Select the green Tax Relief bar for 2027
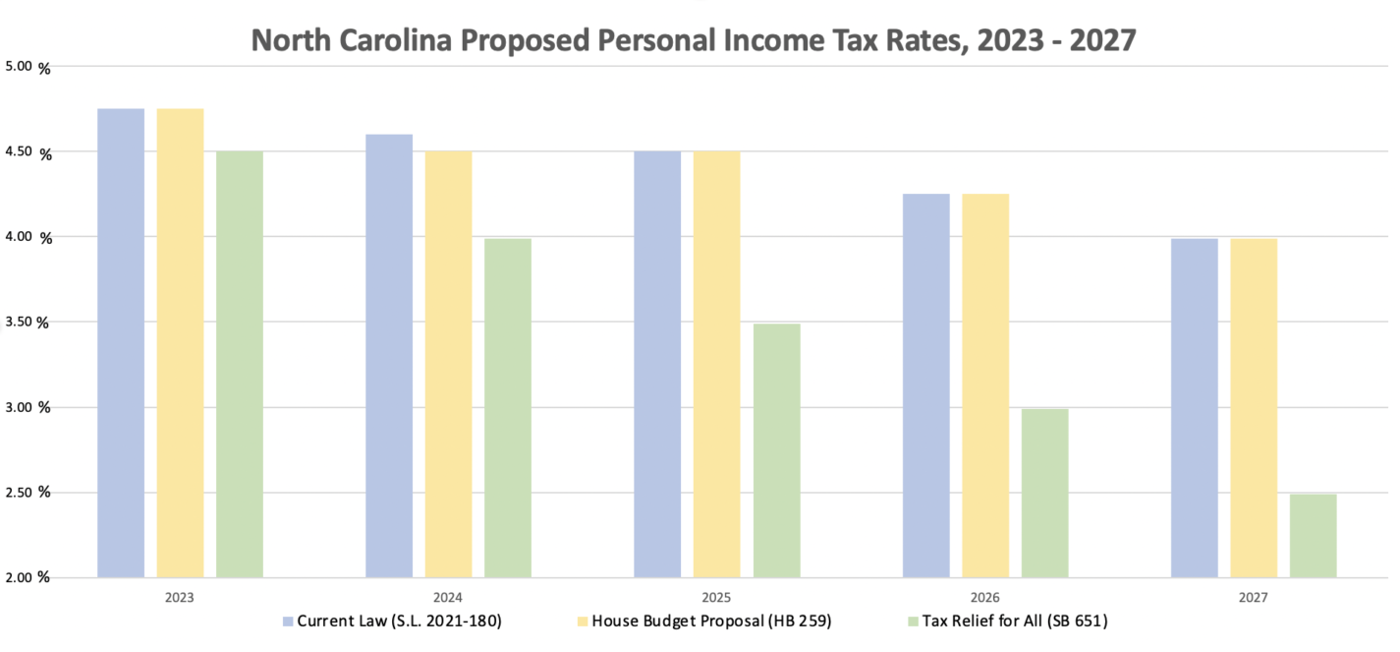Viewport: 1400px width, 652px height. tap(1313, 536)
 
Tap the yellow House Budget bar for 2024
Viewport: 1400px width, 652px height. tap(448, 364)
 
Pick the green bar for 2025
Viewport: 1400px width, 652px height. tap(776, 450)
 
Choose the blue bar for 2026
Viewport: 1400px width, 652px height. tap(925, 385)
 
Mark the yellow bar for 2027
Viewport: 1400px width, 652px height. tap(1254, 408)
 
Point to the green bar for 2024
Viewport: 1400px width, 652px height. tap(507, 408)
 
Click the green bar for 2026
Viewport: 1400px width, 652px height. tap(1044, 493)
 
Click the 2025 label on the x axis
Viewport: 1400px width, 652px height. tap(716, 598)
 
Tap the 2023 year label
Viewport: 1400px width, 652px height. tap(180, 598)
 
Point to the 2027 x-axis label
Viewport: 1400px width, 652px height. tap(1254, 598)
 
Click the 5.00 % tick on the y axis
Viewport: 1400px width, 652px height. tap(30, 67)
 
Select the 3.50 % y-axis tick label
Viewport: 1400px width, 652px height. tap(30, 322)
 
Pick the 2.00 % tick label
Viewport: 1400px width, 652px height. tap(30, 577)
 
